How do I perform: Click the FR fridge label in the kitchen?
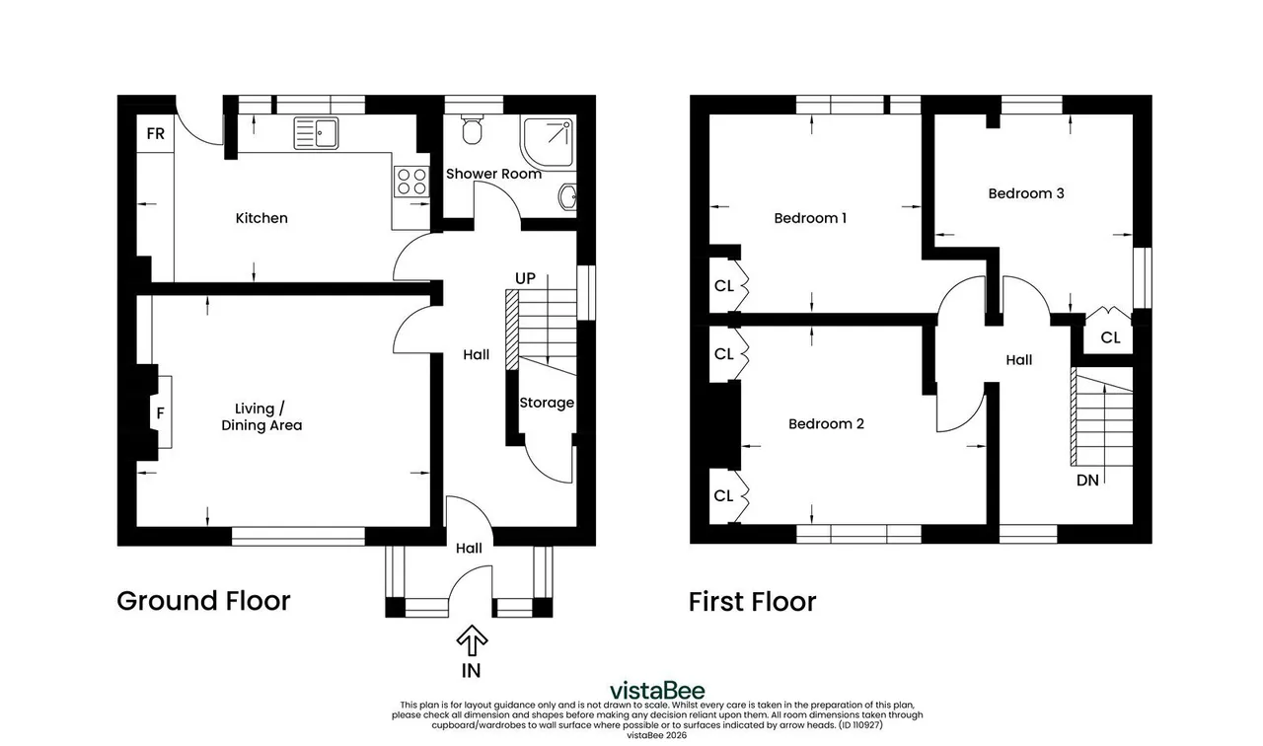tap(156, 133)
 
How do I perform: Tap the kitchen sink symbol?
tap(316, 133)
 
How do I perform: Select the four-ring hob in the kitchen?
tap(411, 182)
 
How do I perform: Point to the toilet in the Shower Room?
tap(472, 129)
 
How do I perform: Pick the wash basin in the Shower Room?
tap(567, 197)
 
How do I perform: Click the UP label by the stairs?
tap(525, 278)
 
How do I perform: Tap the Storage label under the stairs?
tap(547, 403)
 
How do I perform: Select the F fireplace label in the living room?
tap(160, 413)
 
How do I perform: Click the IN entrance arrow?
tap(472, 640)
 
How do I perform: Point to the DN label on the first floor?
tap(1087, 481)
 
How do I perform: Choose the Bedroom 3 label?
tap(1026, 193)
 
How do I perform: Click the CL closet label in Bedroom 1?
tap(724, 286)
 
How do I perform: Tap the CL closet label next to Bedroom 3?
tap(1110, 337)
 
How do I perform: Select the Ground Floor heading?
tap(203, 601)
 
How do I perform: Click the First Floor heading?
tap(752, 602)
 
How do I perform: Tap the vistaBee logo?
tap(657, 690)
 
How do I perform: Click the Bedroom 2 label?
tap(826, 423)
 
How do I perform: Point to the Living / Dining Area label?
tap(261, 416)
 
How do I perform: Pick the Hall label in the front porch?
tap(469, 548)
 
